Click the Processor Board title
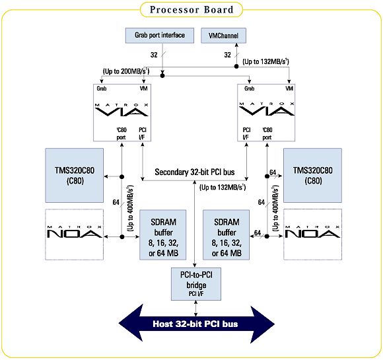[191, 10]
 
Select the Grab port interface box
[160, 36]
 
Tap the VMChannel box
[223, 36]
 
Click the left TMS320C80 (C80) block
[75, 175]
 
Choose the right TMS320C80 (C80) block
[312, 175]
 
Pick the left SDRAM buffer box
[163, 234]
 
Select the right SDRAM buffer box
[226, 234]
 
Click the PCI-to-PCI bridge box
[196, 284]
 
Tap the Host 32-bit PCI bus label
[195, 324]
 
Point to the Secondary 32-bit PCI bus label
[195, 172]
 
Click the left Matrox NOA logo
[74, 232]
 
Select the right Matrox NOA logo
[312, 232]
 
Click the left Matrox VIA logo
[122, 110]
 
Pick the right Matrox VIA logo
[267, 109]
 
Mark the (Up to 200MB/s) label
[126, 71]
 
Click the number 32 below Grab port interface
[154, 55]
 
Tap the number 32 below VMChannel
[227, 55]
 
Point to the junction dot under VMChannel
[236, 66]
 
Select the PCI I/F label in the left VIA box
[142, 133]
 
